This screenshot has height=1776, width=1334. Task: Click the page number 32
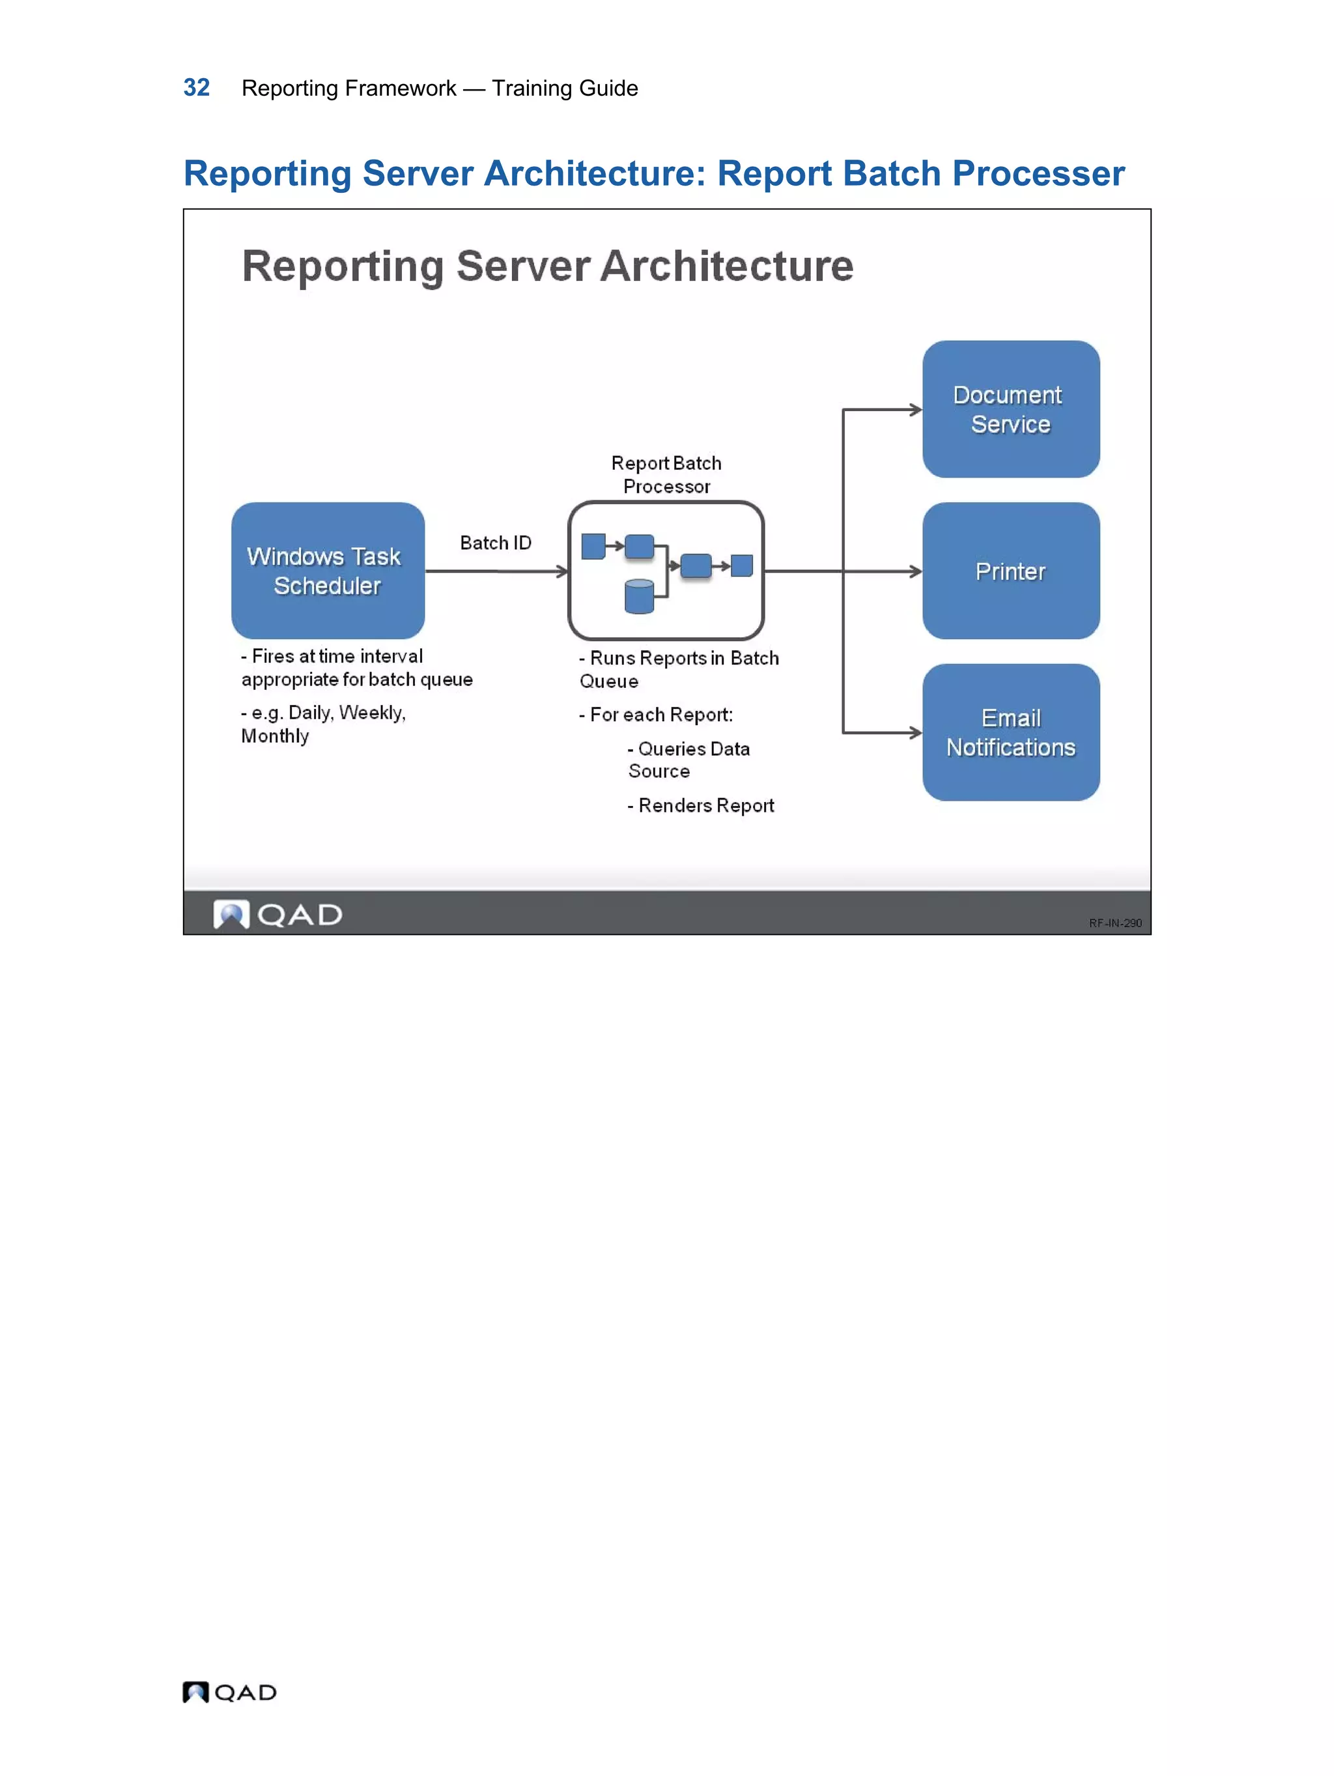197,87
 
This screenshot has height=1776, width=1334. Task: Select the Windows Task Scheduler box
328,571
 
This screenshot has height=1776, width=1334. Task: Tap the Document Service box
1010,410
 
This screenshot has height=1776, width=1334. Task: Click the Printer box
1010,571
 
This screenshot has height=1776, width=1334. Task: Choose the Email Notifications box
1010,732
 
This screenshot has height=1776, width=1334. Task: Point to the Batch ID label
495,543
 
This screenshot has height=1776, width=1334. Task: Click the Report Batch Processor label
666,474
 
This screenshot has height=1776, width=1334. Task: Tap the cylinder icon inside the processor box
639,597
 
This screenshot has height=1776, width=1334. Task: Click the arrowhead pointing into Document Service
915,410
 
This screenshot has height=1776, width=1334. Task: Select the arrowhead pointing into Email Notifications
915,732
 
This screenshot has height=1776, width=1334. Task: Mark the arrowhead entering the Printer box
915,571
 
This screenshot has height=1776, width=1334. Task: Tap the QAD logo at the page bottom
229,1693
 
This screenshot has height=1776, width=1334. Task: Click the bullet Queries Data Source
688,760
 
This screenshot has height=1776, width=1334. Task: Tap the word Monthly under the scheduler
274,736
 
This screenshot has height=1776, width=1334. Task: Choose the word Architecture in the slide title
726,266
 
